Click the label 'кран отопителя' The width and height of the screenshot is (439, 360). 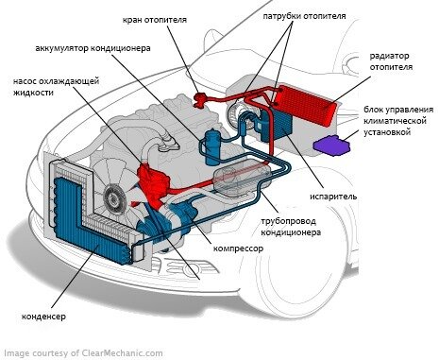(x=155, y=20)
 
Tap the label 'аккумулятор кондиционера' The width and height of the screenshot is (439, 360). (x=93, y=48)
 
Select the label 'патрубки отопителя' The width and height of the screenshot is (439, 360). (x=304, y=16)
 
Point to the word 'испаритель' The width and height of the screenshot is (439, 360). (x=333, y=197)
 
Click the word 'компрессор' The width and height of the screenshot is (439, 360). (x=238, y=249)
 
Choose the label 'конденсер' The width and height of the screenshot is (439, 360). (x=43, y=317)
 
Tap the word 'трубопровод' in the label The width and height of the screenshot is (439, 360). (x=288, y=221)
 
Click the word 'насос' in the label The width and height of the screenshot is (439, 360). (x=25, y=81)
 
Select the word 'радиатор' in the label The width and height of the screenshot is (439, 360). (x=389, y=56)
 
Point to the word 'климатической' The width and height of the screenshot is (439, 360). (x=395, y=121)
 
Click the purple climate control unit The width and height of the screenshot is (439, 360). (x=332, y=146)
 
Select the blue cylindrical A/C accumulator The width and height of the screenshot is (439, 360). (x=212, y=147)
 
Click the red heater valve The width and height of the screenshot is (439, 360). (x=200, y=99)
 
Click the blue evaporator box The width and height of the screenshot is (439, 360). (x=277, y=125)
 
